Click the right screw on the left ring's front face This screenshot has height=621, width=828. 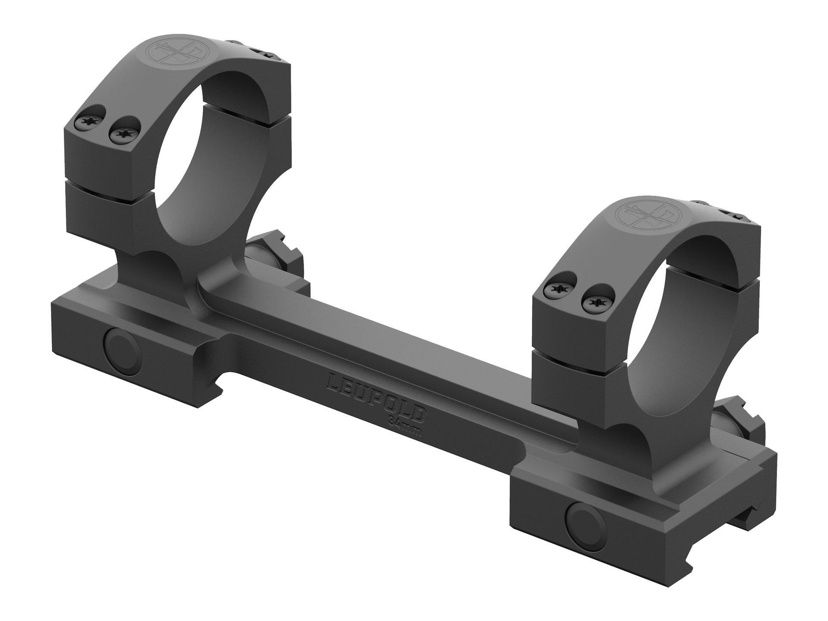(x=125, y=135)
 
